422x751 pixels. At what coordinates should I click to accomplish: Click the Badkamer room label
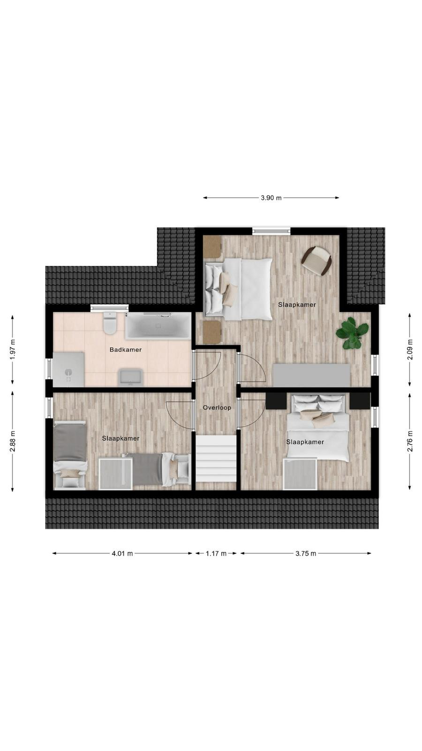pyautogui.click(x=126, y=350)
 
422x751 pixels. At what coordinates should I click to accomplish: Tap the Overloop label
pyautogui.click(x=217, y=408)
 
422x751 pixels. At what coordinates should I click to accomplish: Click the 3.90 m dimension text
pyautogui.click(x=271, y=198)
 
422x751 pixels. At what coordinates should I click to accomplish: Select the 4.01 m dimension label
pyautogui.click(x=122, y=553)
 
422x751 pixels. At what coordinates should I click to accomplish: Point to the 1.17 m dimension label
pyautogui.click(x=216, y=553)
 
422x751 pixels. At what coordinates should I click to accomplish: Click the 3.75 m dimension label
pyautogui.click(x=306, y=553)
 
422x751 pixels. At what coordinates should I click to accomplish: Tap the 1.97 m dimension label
pyautogui.click(x=13, y=350)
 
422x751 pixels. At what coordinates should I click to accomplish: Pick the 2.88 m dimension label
pyautogui.click(x=13, y=441)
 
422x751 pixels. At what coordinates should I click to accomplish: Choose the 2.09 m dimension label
pyautogui.click(x=410, y=350)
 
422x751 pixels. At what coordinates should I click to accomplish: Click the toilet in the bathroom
pyautogui.click(x=110, y=323)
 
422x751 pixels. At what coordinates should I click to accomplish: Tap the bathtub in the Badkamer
pyautogui.click(x=158, y=326)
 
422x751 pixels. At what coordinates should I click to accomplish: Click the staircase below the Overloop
pyautogui.click(x=216, y=458)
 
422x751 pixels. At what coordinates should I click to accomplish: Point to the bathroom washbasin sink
pyautogui.click(x=131, y=377)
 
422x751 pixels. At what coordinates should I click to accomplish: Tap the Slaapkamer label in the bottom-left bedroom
pyautogui.click(x=121, y=438)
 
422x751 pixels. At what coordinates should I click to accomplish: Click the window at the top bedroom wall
pyautogui.click(x=271, y=230)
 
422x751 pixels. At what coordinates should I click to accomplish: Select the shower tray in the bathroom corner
pyautogui.click(x=68, y=369)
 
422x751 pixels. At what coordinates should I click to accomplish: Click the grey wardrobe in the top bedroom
pyautogui.click(x=312, y=375)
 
